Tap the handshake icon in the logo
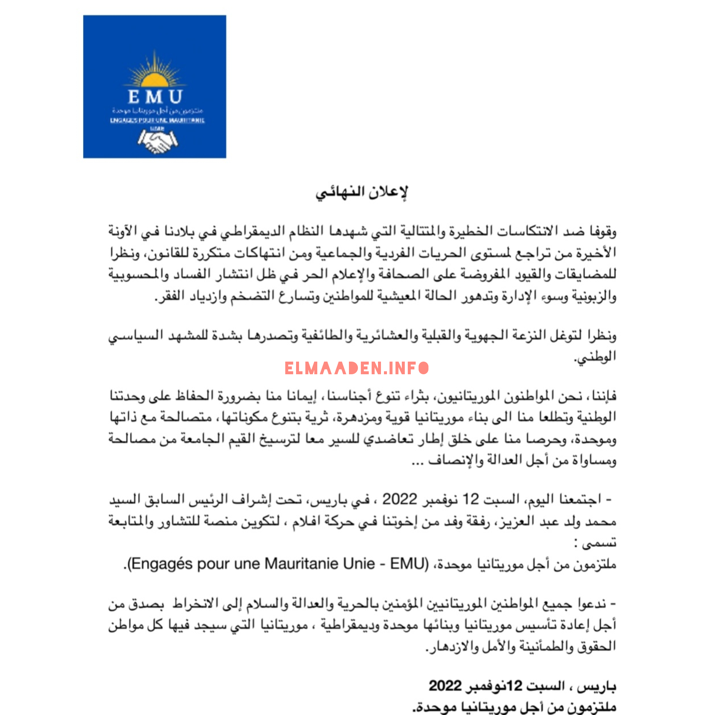(x=158, y=141)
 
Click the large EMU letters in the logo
(x=155, y=97)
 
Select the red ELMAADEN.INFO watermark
(x=357, y=368)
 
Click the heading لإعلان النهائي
(x=362, y=192)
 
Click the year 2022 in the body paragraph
(x=400, y=499)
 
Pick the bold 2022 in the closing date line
(x=445, y=686)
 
